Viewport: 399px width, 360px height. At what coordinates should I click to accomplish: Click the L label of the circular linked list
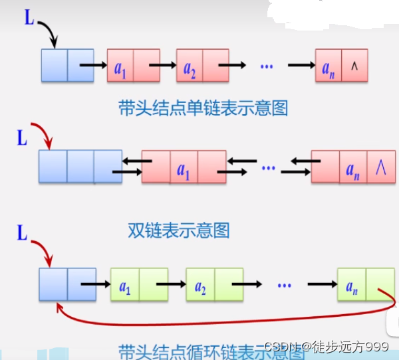tap(21, 233)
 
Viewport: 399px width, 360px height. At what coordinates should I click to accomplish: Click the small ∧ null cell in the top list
tap(354, 66)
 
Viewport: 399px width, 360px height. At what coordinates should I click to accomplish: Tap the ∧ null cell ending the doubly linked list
tap(380, 167)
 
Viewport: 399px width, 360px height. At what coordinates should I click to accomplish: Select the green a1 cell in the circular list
tap(124, 286)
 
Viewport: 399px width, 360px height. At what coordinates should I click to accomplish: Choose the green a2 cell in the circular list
tap(199, 286)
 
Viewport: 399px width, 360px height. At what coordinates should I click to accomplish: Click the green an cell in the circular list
tap(350, 286)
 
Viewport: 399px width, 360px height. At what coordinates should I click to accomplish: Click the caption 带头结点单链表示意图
tap(203, 108)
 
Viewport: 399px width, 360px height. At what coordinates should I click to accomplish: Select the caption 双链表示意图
tap(178, 230)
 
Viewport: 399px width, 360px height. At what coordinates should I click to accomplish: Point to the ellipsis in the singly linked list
tap(267, 66)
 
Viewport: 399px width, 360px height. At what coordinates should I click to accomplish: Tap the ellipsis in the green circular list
tap(285, 286)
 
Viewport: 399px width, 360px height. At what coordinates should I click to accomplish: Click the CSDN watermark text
tap(326, 347)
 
